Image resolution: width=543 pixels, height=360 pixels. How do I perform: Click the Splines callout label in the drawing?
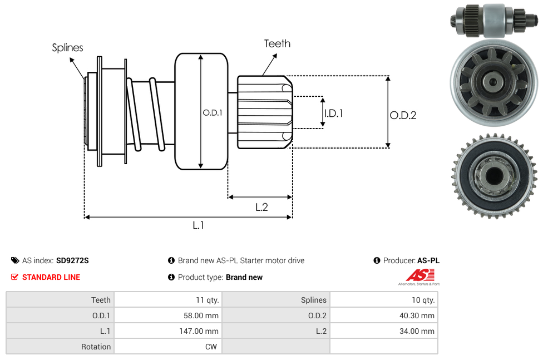click(67, 48)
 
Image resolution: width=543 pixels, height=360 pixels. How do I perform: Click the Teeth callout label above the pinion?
click(277, 43)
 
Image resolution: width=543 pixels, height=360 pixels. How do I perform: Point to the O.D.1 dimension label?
click(213, 112)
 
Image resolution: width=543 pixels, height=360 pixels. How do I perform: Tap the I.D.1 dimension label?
click(333, 113)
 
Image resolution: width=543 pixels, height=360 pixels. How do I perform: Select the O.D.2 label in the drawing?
click(403, 115)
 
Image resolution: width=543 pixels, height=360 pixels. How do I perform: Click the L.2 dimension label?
click(261, 207)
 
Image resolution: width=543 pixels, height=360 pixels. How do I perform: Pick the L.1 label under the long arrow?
click(199, 225)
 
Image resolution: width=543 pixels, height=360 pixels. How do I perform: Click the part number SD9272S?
click(72, 260)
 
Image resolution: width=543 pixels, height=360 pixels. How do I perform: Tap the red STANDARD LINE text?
click(51, 277)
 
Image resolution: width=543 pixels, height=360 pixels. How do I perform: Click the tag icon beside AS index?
click(14, 260)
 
